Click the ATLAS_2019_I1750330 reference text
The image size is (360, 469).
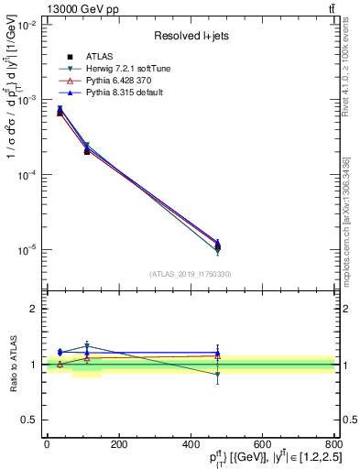click(x=191, y=274)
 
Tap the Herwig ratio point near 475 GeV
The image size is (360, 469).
click(x=217, y=374)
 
